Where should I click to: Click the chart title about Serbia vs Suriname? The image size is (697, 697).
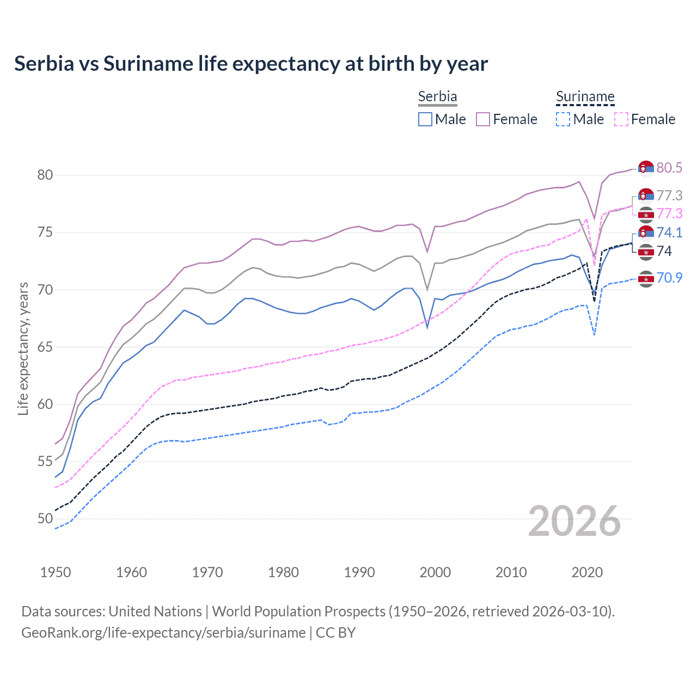pyautogui.click(x=251, y=64)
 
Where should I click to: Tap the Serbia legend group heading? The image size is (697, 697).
pyautogui.click(x=437, y=96)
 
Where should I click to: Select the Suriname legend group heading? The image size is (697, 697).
pyautogui.click(x=585, y=96)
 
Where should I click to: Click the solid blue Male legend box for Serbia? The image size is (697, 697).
pyautogui.click(x=425, y=119)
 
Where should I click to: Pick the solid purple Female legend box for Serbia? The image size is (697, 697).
pyautogui.click(x=483, y=119)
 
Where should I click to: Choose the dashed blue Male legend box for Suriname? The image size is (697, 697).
pyautogui.click(x=563, y=119)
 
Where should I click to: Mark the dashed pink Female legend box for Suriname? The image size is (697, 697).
pyautogui.click(x=621, y=119)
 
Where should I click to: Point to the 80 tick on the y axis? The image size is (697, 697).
pyautogui.click(x=45, y=175)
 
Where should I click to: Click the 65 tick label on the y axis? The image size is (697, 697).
pyautogui.click(x=45, y=347)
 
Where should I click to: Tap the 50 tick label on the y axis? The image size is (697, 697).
pyautogui.click(x=45, y=518)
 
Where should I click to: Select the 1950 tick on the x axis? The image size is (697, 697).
pyautogui.click(x=56, y=572)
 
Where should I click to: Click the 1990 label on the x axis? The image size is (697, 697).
pyautogui.click(x=359, y=572)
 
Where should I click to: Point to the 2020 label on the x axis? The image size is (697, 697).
pyautogui.click(x=587, y=572)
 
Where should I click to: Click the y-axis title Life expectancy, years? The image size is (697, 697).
pyautogui.click(x=23, y=348)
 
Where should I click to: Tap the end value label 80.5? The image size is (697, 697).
pyautogui.click(x=669, y=168)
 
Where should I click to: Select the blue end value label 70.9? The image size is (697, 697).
pyautogui.click(x=669, y=278)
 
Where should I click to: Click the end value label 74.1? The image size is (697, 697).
pyautogui.click(x=669, y=233)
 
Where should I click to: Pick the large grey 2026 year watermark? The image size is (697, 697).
pyautogui.click(x=574, y=521)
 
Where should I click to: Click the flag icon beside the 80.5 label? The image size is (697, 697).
pyautogui.click(x=646, y=168)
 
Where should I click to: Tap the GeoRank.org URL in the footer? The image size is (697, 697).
pyautogui.click(x=163, y=633)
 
